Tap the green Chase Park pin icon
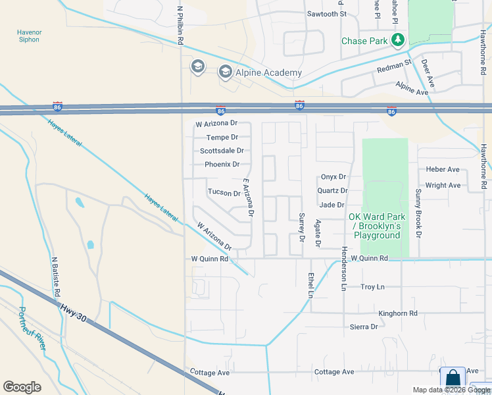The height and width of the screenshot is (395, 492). click(x=397, y=41)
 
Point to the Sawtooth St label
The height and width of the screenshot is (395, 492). click(x=326, y=14)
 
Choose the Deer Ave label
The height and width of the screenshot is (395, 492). click(x=428, y=73)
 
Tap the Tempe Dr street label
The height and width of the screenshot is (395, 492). click(x=222, y=137)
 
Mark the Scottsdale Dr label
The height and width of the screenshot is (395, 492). click(x=222, y=151)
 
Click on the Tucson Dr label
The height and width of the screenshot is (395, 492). click(x=224, y=193)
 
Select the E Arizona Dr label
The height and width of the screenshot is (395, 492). click(x=248, y=197)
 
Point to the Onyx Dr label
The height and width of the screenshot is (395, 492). click(x=333, y=176)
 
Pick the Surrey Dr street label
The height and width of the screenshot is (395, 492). click(x=302, y=226)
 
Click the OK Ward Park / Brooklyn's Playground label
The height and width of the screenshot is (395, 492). click(x=377, y=226)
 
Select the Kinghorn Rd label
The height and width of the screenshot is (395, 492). click(x=398, y=313)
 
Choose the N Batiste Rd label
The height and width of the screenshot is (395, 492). click(x=56, y=275)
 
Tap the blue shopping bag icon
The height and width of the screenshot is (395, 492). click(x=453, y=379)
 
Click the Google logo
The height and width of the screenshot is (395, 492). click(x=22, y=387)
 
